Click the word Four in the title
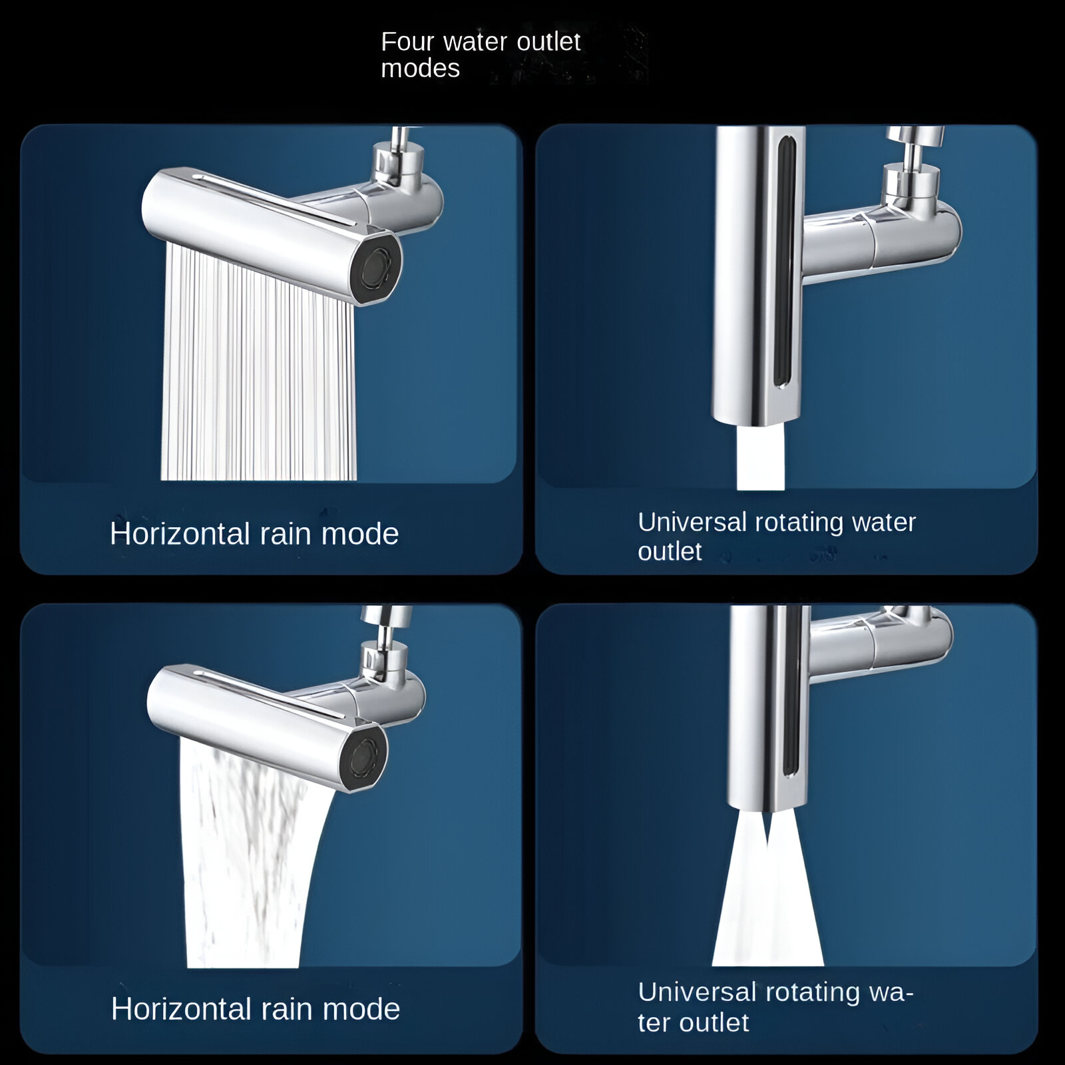[x=407, y=42]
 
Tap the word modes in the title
[x=420, y=69]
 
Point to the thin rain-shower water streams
[x=258, y=363]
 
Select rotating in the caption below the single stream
[x=799, y=523]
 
